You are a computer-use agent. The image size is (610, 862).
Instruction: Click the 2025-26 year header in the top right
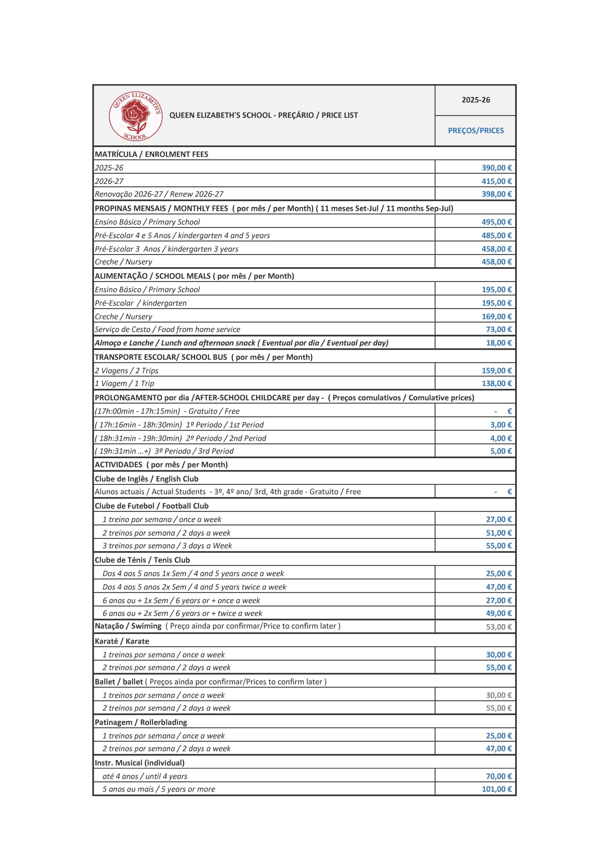coord(476,100)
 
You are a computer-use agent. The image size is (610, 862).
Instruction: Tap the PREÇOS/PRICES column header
coord(476,131)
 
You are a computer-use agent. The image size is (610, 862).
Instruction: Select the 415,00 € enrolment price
coord(496,181)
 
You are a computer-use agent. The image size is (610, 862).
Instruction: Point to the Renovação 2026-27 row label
coord(159,194)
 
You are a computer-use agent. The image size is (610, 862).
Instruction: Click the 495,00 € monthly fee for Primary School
coord(496,222)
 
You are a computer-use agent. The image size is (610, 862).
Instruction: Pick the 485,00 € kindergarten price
coord(496,235)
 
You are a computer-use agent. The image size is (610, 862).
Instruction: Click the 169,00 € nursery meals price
coord(496,316)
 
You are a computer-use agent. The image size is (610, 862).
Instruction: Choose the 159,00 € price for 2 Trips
coord(496,371)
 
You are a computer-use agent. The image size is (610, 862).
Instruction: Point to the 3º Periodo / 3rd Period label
coord(164,451)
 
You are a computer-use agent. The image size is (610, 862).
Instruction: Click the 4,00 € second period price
coord(501,438)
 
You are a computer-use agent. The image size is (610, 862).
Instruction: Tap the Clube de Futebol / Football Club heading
coord(151,506)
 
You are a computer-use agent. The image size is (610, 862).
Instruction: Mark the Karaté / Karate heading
coord(122,641)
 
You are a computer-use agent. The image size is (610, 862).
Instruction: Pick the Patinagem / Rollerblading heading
coord(141,722)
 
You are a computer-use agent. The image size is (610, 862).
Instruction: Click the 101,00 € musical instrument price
coord(496,789)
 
